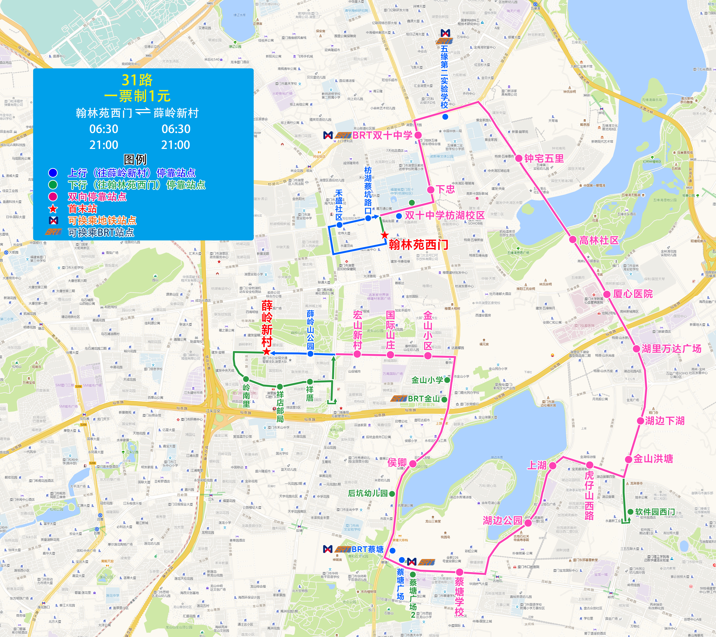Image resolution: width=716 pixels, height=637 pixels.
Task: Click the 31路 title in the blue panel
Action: click(137, 80)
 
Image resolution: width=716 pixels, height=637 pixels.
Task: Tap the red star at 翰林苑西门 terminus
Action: click(385, 235)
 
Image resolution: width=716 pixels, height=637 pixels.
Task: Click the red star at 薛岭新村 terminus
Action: click(267, 352)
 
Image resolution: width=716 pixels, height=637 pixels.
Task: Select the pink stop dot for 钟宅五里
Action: click(519, 158)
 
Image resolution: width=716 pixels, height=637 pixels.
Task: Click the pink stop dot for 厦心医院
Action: click(607, 294)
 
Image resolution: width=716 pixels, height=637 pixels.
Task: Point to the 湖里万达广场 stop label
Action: click(671, 349)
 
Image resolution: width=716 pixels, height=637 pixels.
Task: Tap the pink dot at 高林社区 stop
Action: click(573, 240)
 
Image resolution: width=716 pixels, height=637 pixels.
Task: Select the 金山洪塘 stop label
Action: click(653, 459)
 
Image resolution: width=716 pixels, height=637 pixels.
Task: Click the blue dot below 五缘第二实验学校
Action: click(445, 117)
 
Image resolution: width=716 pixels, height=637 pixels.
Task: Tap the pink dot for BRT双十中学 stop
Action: click(418, 135)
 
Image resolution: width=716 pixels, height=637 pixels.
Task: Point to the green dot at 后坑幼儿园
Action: click(392, 494)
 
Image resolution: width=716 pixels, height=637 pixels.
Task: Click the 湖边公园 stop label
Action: click(502, 520)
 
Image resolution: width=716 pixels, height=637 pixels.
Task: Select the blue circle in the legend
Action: click(53, 173)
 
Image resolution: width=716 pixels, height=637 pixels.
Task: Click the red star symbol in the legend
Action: click(53, 209)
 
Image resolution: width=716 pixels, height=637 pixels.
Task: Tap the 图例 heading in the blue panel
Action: click(135, 159)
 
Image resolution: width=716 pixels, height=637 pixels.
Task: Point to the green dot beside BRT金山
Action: click(444, 400)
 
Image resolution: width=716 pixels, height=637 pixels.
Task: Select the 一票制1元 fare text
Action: click(137, 96)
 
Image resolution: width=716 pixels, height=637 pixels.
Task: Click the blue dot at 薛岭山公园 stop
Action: click(310, 354)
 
